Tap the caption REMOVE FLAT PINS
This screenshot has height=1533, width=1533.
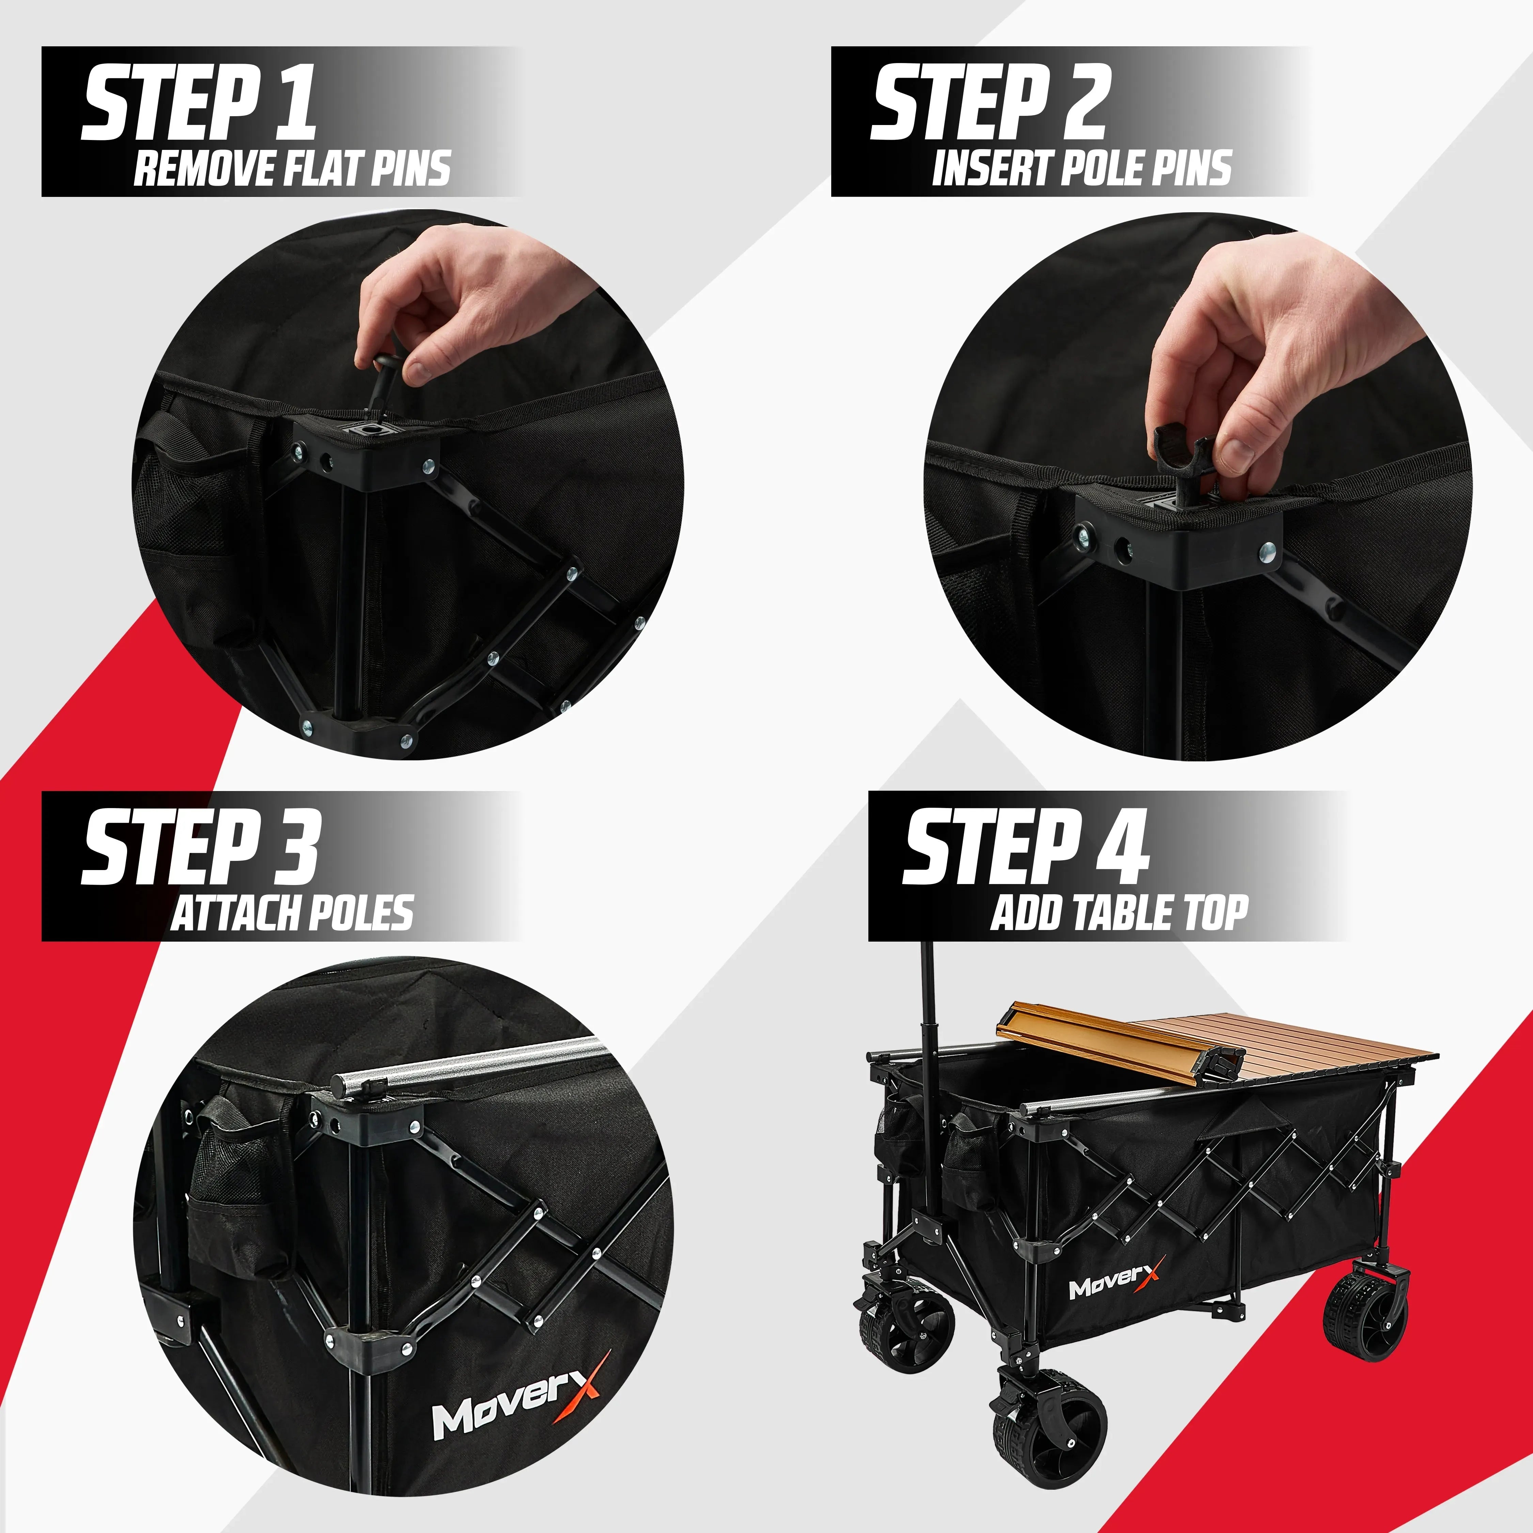point(292,169)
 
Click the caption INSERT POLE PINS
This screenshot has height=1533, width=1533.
point(1081,169)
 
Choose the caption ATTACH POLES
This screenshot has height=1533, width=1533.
point(292,913)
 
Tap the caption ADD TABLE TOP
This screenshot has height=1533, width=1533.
point(1119,913)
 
